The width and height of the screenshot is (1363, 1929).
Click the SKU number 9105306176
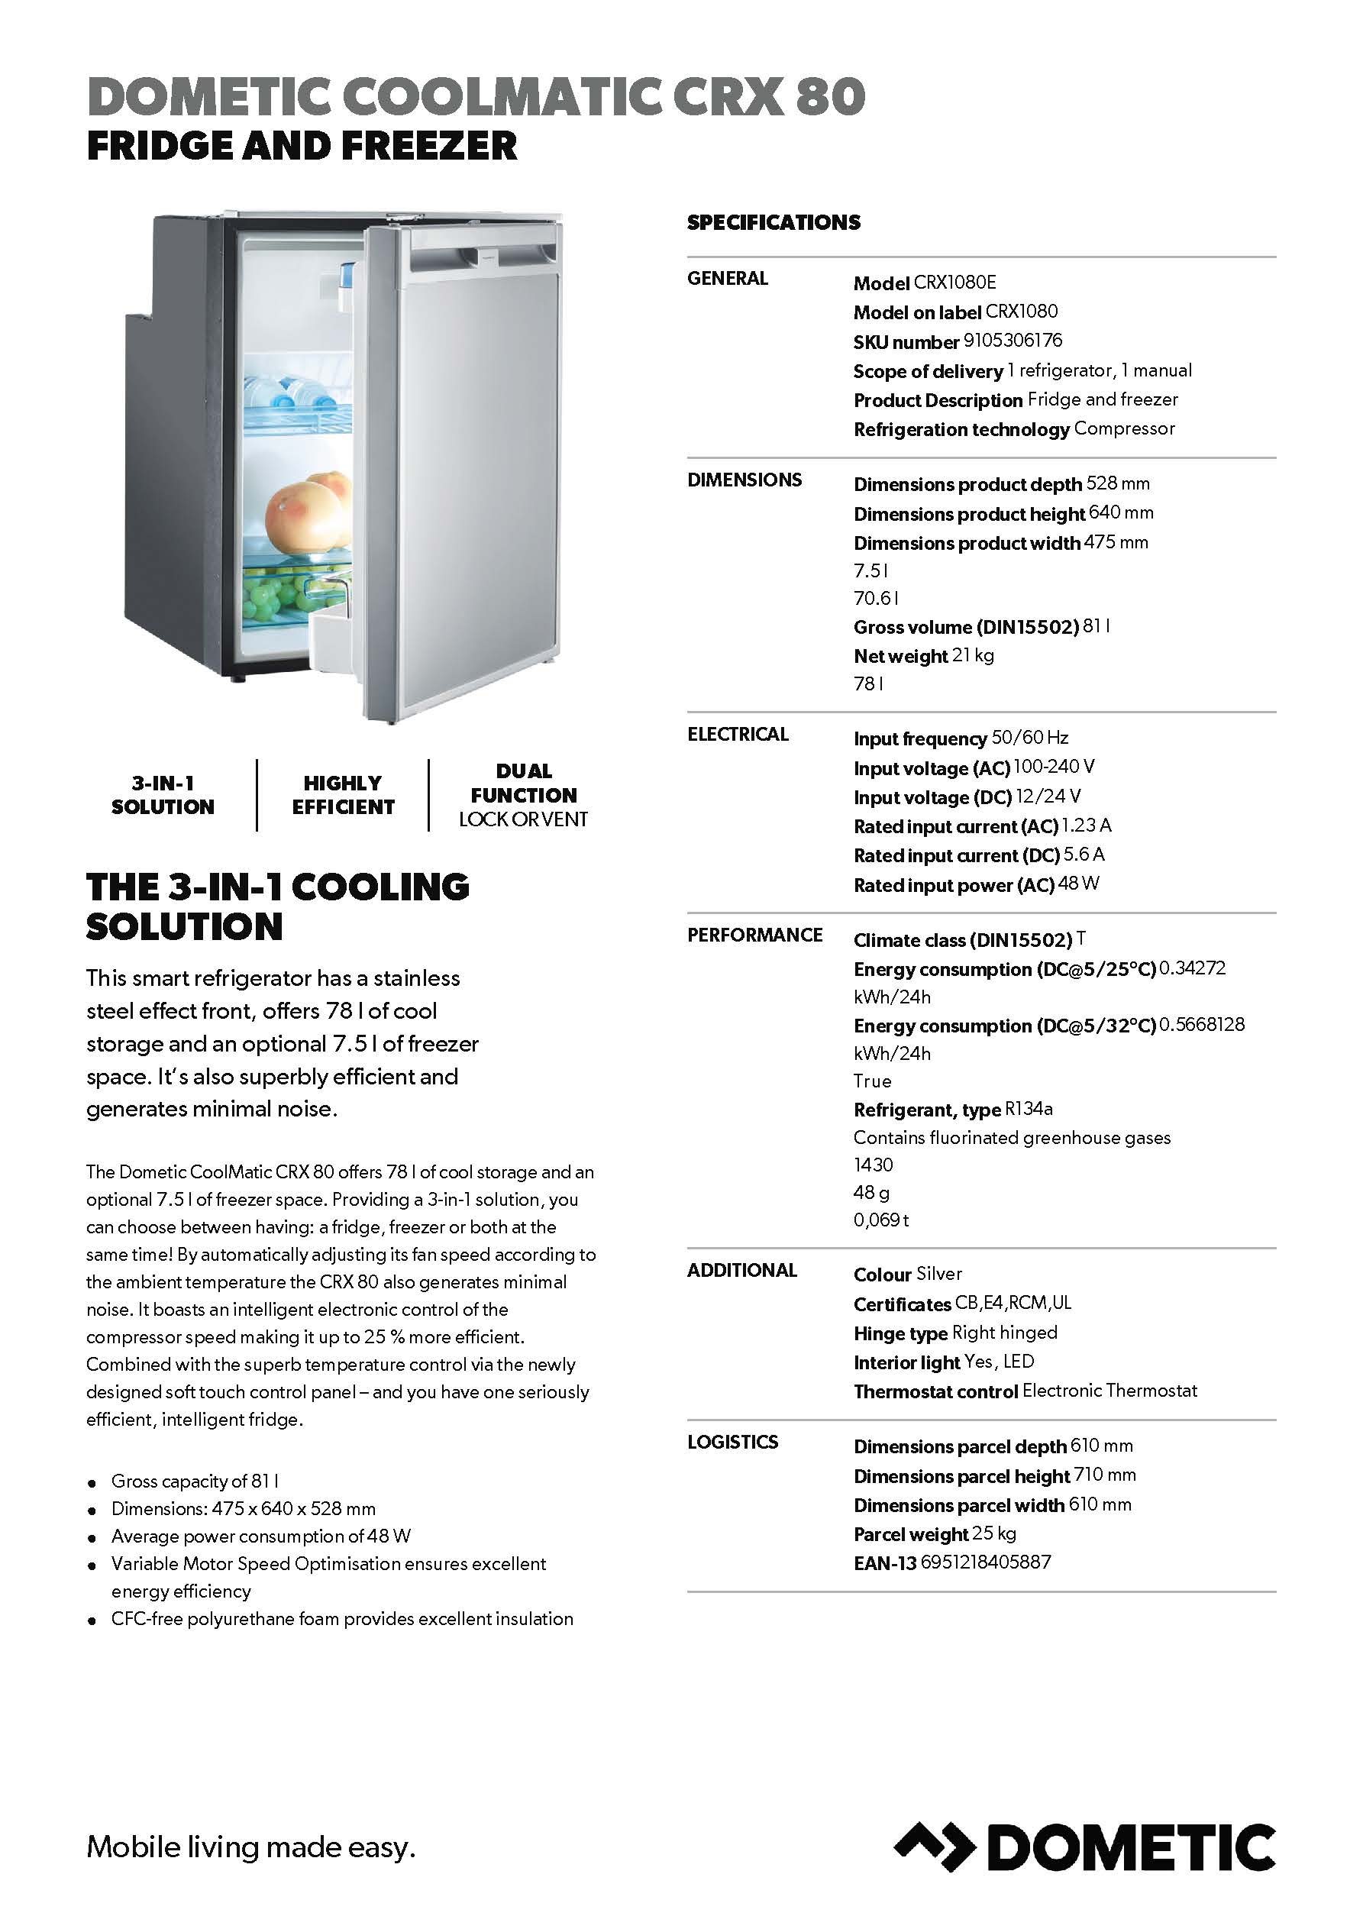(1013, 341)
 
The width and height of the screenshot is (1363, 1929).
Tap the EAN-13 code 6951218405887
(986, 1562)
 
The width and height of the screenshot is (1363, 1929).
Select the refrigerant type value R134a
(1029, 1109)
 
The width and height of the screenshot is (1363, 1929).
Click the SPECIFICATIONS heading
(773, 223)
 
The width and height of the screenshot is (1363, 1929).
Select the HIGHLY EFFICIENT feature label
(343, 795)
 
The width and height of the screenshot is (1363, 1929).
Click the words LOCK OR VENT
(523, 819)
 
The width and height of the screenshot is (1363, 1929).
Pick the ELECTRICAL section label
(737, 735)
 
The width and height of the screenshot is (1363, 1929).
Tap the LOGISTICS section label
(732, 1442)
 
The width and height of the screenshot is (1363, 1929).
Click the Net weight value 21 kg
(972, 655)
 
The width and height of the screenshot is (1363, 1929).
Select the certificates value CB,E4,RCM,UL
(1013, 1303)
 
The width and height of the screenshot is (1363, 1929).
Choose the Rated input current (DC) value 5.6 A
(1084, 855)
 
